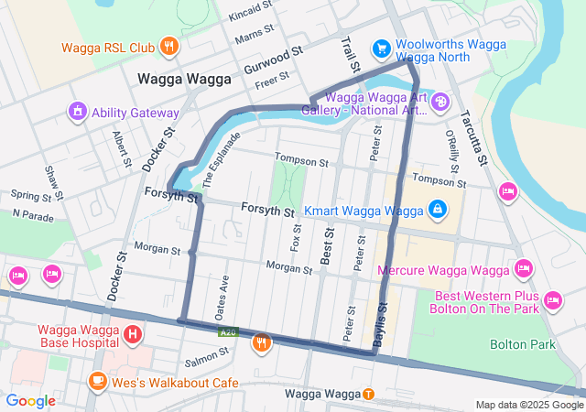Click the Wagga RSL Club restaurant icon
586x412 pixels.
click(x=168, y=46)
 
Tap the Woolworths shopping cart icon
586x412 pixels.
click(x=381, y=47)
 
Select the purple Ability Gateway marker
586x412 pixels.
click(x=78, y=113)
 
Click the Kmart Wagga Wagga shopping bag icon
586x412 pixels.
click(x=438, y=210)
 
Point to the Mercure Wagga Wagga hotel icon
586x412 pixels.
click(x=523, y=268)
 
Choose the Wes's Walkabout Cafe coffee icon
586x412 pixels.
click(x=97, y=380)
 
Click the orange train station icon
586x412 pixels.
click(x=368, y=394)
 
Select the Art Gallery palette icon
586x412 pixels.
click(x=440, y=100)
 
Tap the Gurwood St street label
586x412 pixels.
click(x=273, y=61)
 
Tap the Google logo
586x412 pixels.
click(x=30, y=400)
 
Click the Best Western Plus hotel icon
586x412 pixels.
click(x=552, y=299)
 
